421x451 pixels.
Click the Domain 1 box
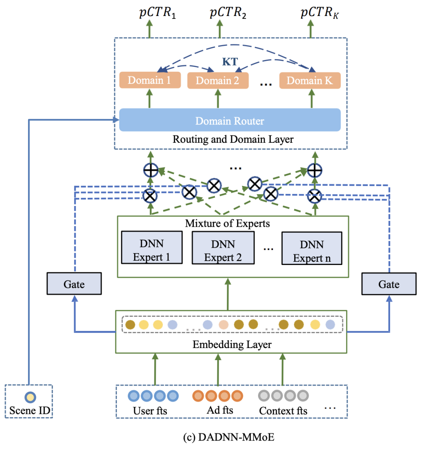[x=150, y=80]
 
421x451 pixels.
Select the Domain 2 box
[x=218, y=81]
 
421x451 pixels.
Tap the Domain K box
[x=310, y=81]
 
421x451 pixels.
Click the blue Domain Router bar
[x=230, y=121]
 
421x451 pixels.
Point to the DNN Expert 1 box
[x=152, y=247]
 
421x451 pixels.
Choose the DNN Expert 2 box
[x=223, y=248]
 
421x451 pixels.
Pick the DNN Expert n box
[x=312, y=249]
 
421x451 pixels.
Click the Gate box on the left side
[x=74, y=284]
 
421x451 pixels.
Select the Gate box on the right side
[x=389, y=284]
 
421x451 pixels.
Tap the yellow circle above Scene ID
[x=30, y=397]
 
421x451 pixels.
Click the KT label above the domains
[x=230, y=62]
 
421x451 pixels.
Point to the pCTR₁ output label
[x=157, y=13]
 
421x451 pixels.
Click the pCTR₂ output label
[x=228, y=13]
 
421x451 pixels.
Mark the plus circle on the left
[x=151, y=170]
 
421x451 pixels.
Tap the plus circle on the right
[x=315, y=170]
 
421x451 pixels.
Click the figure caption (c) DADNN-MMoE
[x=229, y=437]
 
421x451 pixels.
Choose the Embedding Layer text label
[x=232, y=344]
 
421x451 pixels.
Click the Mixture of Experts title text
[x=227, y=224]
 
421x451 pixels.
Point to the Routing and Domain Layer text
[x=233, y=139]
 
